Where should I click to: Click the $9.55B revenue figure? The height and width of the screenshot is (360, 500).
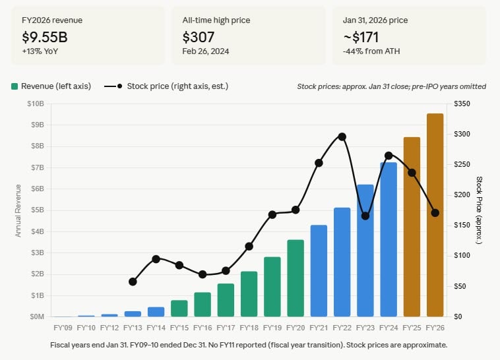(x=45, y=37)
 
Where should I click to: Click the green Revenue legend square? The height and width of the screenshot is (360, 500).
(x=14, y=86)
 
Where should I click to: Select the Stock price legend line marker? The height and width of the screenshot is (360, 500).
(x=119, y=86)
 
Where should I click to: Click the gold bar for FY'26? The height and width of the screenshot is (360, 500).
(x=435, y=215)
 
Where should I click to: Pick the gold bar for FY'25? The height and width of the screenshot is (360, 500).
(x=412, y=227)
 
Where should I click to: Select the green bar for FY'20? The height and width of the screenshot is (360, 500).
(x=296, y=278)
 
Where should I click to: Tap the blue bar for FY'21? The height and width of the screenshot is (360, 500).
(x=319, y=270)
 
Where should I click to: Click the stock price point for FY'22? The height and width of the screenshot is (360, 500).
(x=342, y=136)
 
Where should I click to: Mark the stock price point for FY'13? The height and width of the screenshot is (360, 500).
(x=133, y=282)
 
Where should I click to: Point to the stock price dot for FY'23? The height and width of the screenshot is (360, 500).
(x=365, y=216)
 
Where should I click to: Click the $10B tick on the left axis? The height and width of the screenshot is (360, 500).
(x=35, y=104)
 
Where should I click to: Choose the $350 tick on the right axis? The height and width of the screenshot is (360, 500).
(x=462, y=104)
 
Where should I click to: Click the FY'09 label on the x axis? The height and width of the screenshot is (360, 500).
(x=63, y=327)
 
